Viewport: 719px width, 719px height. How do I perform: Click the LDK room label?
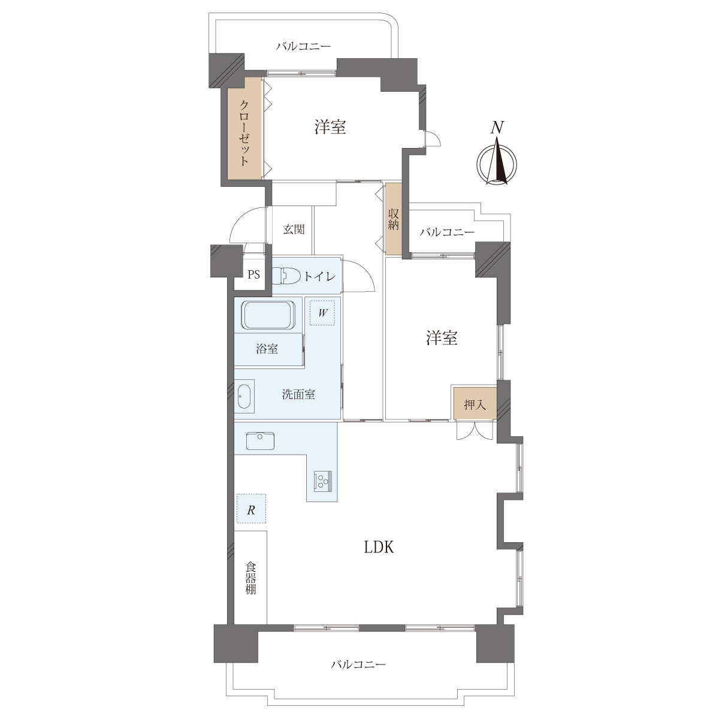[x=379, y=548]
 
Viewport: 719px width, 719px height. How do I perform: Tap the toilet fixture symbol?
[x=286, y=276]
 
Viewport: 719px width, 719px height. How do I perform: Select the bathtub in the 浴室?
[x=268, y=316]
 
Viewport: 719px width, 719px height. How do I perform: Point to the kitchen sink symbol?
[x=260, y=441]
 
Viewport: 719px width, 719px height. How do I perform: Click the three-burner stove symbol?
[x=323, y=481]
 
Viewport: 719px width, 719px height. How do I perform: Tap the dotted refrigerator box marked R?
[x=251, y=509]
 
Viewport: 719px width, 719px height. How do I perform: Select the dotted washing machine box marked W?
[x=322, y=313]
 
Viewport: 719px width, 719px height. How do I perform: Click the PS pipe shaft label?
[x=253, y=274]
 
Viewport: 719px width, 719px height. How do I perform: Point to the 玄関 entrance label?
[x=294, y=229]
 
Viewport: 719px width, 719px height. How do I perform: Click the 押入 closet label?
[x=475, y=404]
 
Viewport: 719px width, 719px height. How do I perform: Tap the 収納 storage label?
[x=393, y=219]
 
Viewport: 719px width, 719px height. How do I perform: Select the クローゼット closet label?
[x=244, y=132]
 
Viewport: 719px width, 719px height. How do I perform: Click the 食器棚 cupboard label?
[x=250, y=578]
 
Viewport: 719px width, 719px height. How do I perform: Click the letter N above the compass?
[x=497, y=128]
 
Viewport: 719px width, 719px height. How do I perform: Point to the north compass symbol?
[x=497, y=163]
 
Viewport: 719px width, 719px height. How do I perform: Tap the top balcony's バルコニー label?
[x=303, y=47]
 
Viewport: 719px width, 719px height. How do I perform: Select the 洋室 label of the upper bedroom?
[x=330, y=127]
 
